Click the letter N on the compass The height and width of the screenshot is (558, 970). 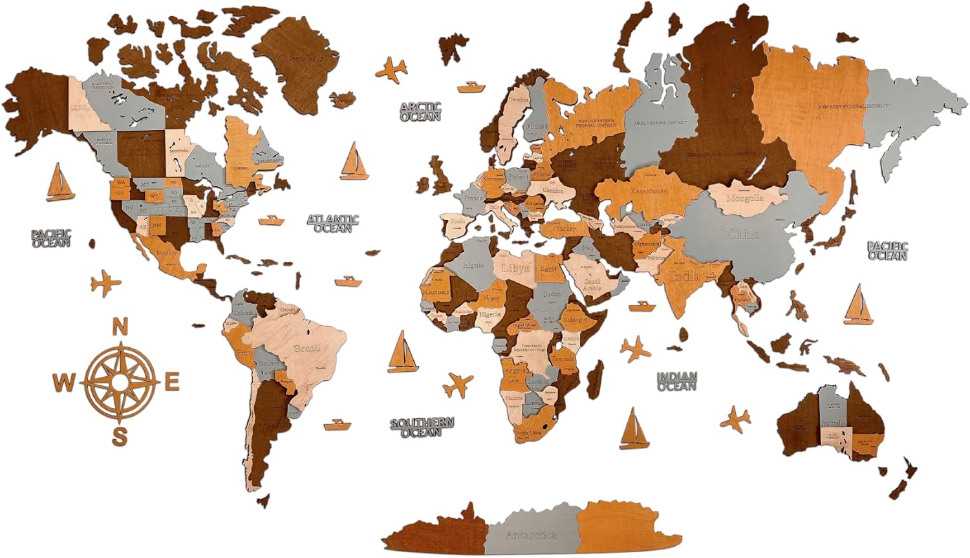(120, 328)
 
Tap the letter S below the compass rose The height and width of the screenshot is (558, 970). (120, 436)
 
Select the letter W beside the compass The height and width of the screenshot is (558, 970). (63, 383)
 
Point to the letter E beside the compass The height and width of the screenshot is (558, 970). (172, 382)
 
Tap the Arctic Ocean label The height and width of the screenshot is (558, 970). (420, 112)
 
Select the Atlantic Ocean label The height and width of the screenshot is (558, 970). (333, 223)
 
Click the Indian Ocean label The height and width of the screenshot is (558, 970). (677, 381)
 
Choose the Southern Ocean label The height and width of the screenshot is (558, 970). (422, 427)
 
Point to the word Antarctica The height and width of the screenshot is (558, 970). (531, 535)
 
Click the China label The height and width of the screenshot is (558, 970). (743, 234)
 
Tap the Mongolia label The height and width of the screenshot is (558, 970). (745, 198)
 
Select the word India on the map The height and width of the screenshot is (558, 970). (684, 277)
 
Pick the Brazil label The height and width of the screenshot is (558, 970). (307, 349)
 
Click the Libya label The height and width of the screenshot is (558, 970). (515, 268)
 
